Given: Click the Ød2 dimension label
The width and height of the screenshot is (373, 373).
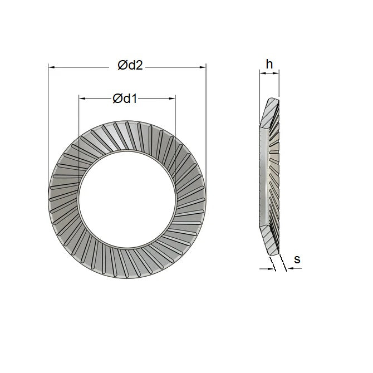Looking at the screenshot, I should [x=131, y=66].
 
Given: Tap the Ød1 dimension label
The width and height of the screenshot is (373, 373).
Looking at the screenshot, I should [x=125, y=99].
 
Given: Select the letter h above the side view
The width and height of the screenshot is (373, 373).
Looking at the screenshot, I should [x=269, y=65].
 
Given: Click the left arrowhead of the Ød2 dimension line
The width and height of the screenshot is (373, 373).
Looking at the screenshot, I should [x=51, y=67].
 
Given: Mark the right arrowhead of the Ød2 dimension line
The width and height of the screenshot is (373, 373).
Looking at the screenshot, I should [x=203, y=67].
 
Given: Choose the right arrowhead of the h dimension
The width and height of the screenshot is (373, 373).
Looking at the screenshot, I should [x=277, y=72].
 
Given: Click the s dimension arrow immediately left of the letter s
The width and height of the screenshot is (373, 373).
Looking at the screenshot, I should [x=289, y=268].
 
